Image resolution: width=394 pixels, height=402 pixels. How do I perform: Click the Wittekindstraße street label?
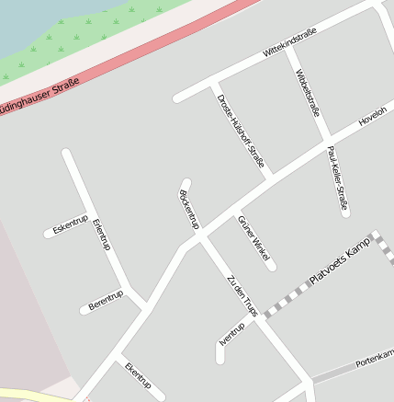(289, 44)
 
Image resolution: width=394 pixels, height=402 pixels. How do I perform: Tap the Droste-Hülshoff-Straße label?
(241, 132)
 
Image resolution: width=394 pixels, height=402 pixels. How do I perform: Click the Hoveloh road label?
(373, 117)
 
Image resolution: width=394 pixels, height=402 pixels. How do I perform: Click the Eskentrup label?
(70, 224)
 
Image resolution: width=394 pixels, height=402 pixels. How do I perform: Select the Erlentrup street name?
(101, 235)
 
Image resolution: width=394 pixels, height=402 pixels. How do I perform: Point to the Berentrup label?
(105, 300)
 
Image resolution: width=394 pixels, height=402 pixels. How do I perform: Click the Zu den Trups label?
(242, 296)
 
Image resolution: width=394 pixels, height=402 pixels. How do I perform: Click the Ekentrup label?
(137, 375)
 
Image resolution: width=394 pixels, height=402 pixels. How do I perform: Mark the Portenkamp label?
(374, 357)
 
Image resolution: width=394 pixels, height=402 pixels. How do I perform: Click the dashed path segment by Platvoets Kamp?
(285, 302)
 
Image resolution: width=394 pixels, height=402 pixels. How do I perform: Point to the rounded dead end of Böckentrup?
(186, 184)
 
